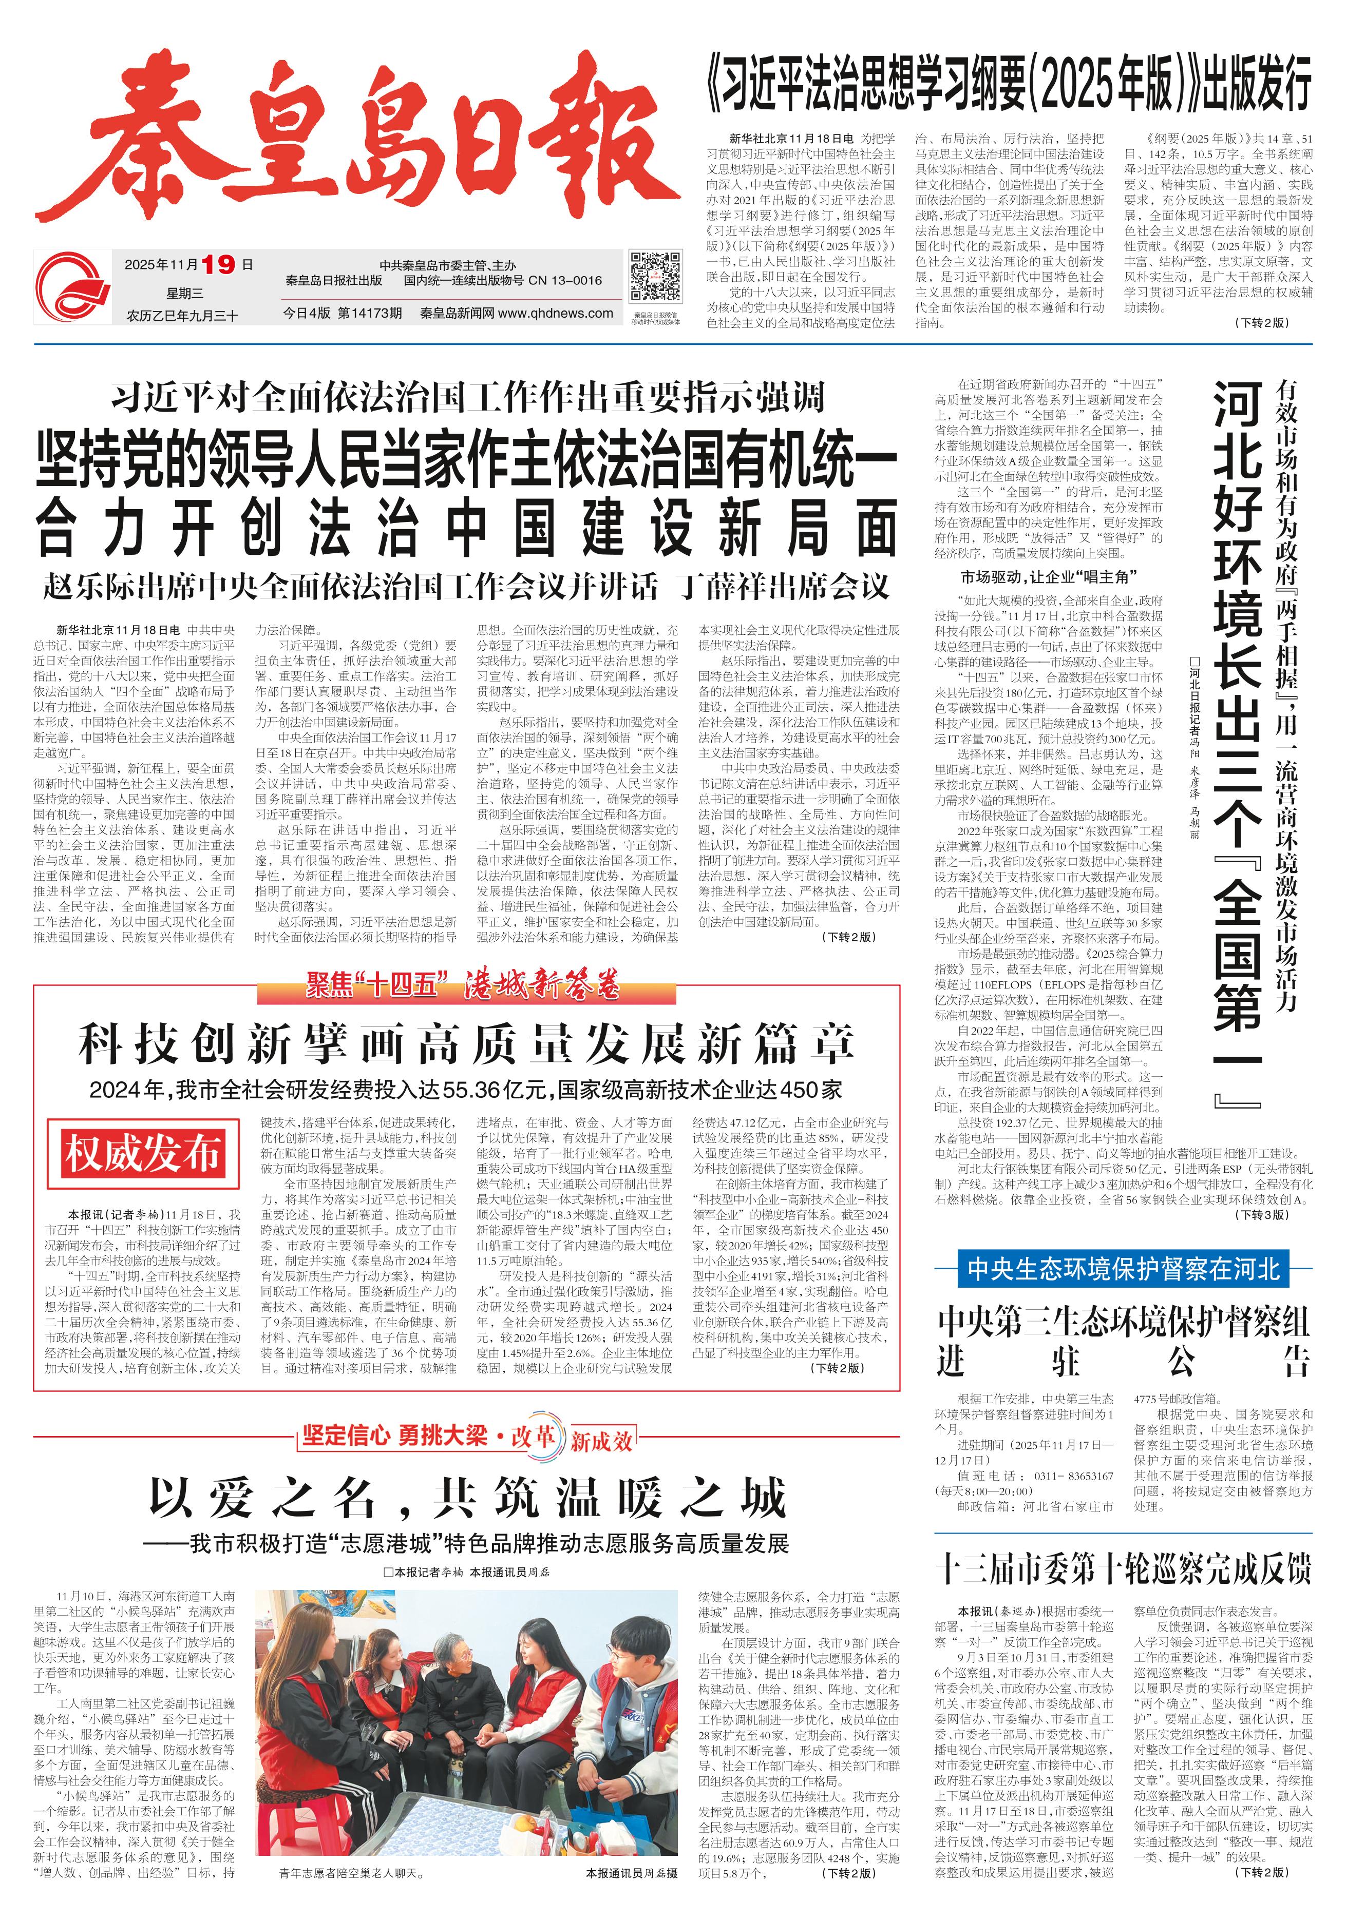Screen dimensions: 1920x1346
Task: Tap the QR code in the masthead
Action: (654, 276)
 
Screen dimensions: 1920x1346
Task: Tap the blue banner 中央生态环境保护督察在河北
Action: (1124, 1269)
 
